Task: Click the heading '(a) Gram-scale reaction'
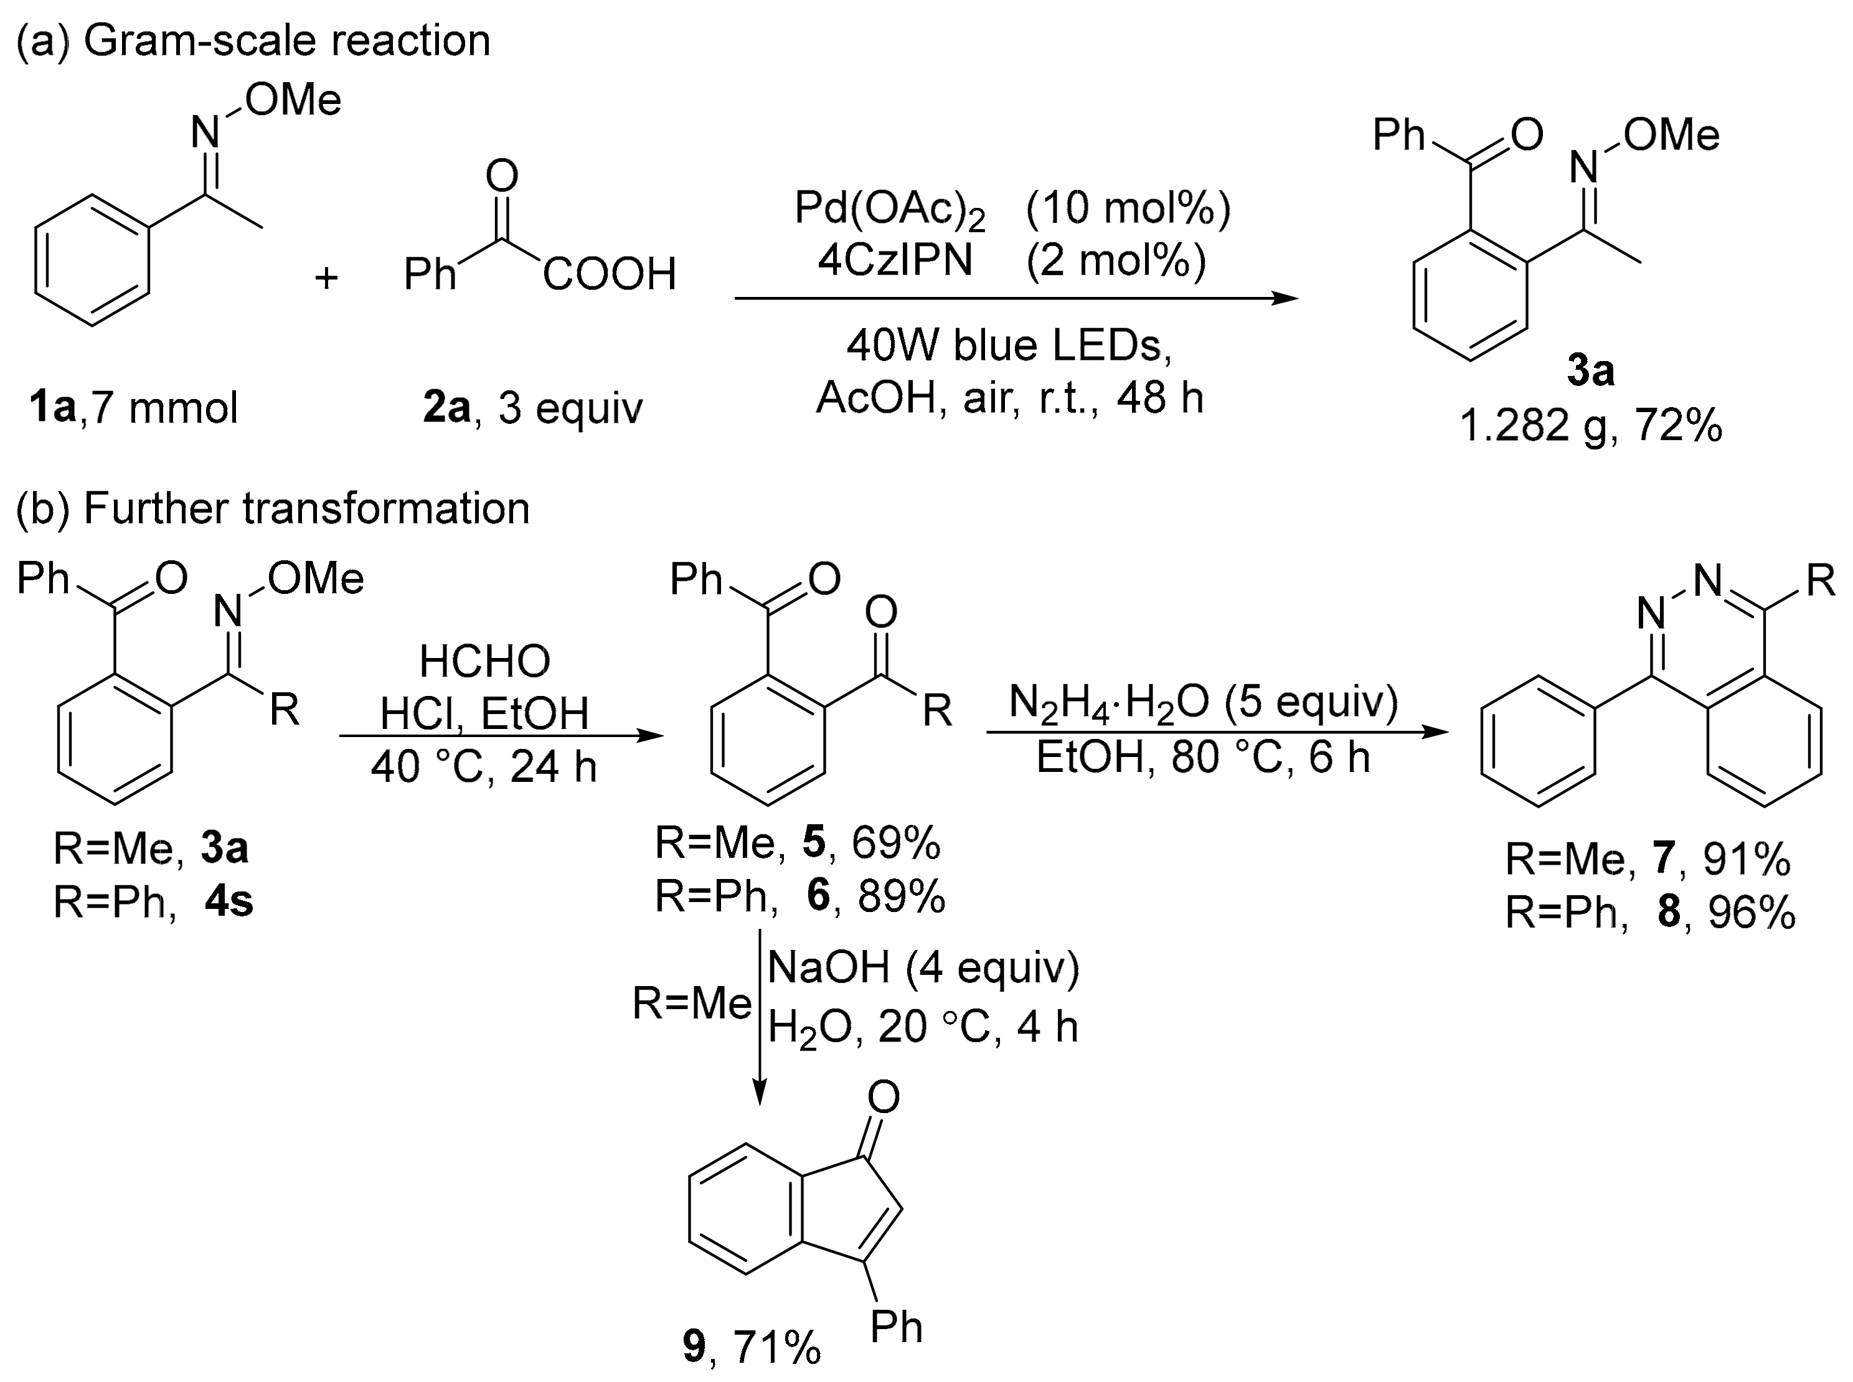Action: click(253, 40)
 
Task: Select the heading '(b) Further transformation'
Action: click(273, 508)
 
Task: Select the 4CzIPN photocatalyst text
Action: click(895, 260)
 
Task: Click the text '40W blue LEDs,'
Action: click(1009, 345)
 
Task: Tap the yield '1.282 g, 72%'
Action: click(1590, 426)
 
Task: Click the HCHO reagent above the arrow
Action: click(484, 661)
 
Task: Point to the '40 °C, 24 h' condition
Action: click(484, 766)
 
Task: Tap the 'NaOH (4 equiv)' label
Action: click(923, 968)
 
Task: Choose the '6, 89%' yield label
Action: click(875, 895)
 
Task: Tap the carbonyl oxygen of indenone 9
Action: click(884, 1097)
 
